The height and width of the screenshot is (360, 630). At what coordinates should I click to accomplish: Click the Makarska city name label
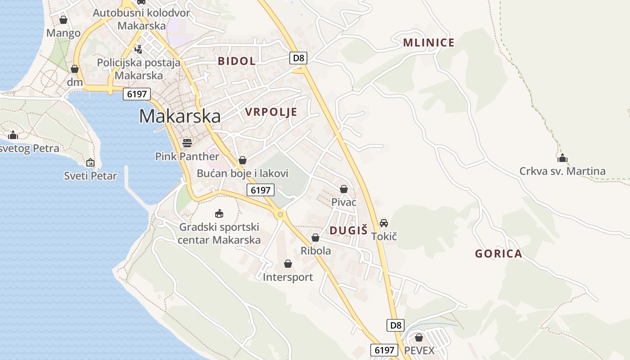pos(180,116)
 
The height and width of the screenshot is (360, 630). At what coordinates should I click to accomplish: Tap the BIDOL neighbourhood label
pos(237,61)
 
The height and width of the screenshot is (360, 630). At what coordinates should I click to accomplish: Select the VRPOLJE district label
pos(271,112)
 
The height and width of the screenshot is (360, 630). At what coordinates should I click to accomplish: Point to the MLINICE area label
pos(428,43)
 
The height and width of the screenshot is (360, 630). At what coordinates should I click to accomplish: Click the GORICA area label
pos(499,254)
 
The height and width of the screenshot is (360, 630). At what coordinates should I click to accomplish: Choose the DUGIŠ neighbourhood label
pos(349,230)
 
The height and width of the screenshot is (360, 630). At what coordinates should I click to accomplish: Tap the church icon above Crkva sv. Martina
pos(562,158)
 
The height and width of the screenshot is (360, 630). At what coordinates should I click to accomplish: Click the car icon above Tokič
pos(384,223)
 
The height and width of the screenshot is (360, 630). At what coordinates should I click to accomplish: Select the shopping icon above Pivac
pos(344,189)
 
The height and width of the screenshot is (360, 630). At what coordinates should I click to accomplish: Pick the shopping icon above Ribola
pos(315,238)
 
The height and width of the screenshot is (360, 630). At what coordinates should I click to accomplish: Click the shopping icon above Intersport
pos(288,264)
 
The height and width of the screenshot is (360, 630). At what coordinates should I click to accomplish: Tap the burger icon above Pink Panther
pos(187,143)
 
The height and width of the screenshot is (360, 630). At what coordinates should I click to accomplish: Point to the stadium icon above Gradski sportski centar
pos(219,213)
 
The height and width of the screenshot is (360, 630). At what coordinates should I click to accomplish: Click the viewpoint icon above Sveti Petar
pos(90,162)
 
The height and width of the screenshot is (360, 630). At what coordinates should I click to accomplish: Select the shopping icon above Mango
pos(63,20)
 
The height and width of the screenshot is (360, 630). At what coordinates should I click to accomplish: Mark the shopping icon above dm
pos(75,69)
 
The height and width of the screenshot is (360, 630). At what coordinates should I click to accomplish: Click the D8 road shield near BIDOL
pos(299,58)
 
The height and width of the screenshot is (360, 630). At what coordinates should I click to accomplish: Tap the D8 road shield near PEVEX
pos(396,325)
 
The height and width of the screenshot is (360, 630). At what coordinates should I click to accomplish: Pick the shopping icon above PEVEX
pos(419,337)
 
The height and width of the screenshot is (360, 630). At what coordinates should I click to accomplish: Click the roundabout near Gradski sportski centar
pos(280,215)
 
